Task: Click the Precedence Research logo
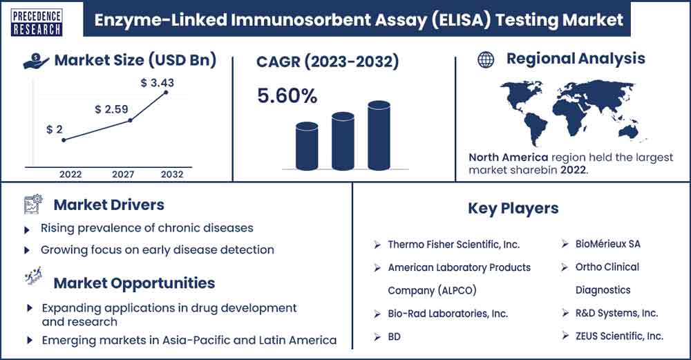click(36, 23)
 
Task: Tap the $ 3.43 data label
click(158, 82)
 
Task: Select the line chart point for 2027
click(130, 120)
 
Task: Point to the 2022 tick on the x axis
click(70, 174)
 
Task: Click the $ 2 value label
click(55, 129)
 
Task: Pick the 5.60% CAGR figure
click(287, 96)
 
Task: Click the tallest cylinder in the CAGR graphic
click(379, 135)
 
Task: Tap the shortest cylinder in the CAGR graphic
click(307, 146)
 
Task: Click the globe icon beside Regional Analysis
click(486, 59)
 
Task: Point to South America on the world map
click(534, 128)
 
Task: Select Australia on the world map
click(627, 130)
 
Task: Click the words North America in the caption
click(508, 158)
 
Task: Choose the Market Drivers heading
click(109, 205)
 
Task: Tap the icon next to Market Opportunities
click(34, 276)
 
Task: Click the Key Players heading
click(513, 209)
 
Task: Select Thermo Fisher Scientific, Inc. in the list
click(454, 245)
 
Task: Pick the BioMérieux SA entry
click(607, 244)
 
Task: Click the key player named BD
click(394, 337)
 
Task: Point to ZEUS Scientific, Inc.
click(619, 337)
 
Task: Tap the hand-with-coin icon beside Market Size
click(36, 61)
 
